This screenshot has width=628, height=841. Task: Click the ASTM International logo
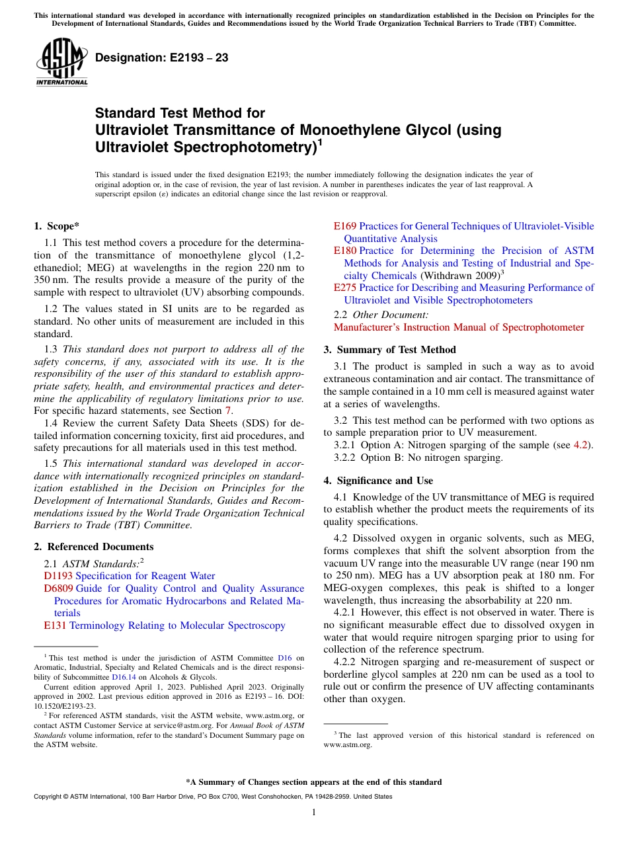[61, 63]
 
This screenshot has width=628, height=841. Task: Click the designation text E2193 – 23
[162, 58]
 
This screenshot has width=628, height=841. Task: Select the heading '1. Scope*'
[57, 226]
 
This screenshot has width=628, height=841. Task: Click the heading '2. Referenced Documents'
[93, 547]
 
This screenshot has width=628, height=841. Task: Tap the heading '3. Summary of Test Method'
[389, 350]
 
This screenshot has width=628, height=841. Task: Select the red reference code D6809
[58, 588]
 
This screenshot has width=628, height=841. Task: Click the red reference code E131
[55, 625]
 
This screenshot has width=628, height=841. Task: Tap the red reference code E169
[344, 226]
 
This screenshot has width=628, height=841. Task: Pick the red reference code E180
[345, 251]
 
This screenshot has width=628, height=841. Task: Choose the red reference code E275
[345, 288]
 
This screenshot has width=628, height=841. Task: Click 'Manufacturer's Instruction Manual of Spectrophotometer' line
[459, 327]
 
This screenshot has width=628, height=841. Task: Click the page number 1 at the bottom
[314, 813]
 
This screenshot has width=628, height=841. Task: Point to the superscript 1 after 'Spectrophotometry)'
[320, 141]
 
